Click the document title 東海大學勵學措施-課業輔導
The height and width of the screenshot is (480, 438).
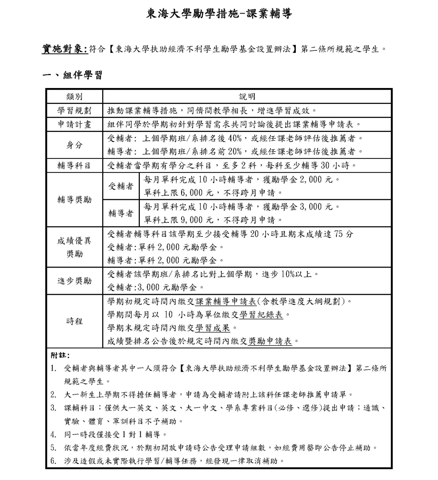pos(219,14)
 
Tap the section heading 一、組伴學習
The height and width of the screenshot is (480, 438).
pos(73,75)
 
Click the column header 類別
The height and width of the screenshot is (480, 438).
pos(74,97)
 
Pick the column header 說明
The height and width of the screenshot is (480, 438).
pos(247,97)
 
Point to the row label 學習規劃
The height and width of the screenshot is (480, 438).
pos(74,111)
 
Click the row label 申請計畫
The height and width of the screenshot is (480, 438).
pos(74,124)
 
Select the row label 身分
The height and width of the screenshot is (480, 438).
pos(74,145)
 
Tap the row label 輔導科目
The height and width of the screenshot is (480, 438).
pos(74,166)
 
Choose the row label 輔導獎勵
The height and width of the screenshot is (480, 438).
pos(74,200)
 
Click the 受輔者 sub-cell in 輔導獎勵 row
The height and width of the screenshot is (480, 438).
pos(121,186)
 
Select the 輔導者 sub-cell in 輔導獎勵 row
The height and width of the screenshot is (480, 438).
pos(121,213)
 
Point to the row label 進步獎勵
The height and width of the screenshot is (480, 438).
pos(74,281)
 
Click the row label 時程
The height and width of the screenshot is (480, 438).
pos(74,321)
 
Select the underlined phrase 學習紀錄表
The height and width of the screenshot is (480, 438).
pos(261,315)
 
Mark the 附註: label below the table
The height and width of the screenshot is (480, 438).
pos(60,355)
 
